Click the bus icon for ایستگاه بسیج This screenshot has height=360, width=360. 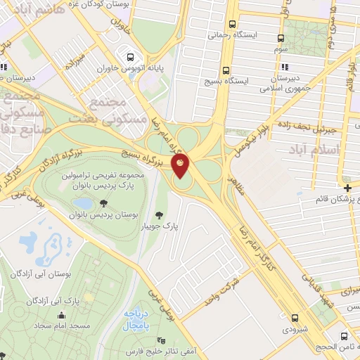click(x=226, y=70)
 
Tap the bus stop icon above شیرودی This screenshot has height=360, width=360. click(x=295, y=318)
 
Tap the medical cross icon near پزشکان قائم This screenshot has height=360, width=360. click(x=348, y=187)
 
